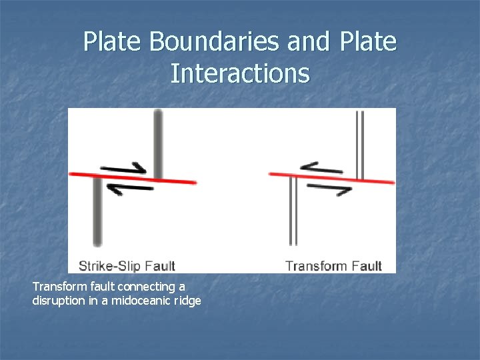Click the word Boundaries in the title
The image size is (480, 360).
(215, 42)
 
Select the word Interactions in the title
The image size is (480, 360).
(240, 73)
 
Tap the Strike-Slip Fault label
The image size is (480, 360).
(127, 266)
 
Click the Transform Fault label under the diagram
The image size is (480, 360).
(333, 266)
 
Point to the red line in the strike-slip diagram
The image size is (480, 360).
(133, 177)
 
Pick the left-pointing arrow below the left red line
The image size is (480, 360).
(129, 189)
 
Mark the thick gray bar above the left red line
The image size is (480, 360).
(158, 143)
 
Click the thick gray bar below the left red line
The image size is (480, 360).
(98, 211)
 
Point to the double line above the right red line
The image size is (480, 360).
(360, 143)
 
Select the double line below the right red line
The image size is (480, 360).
(292, 211)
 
